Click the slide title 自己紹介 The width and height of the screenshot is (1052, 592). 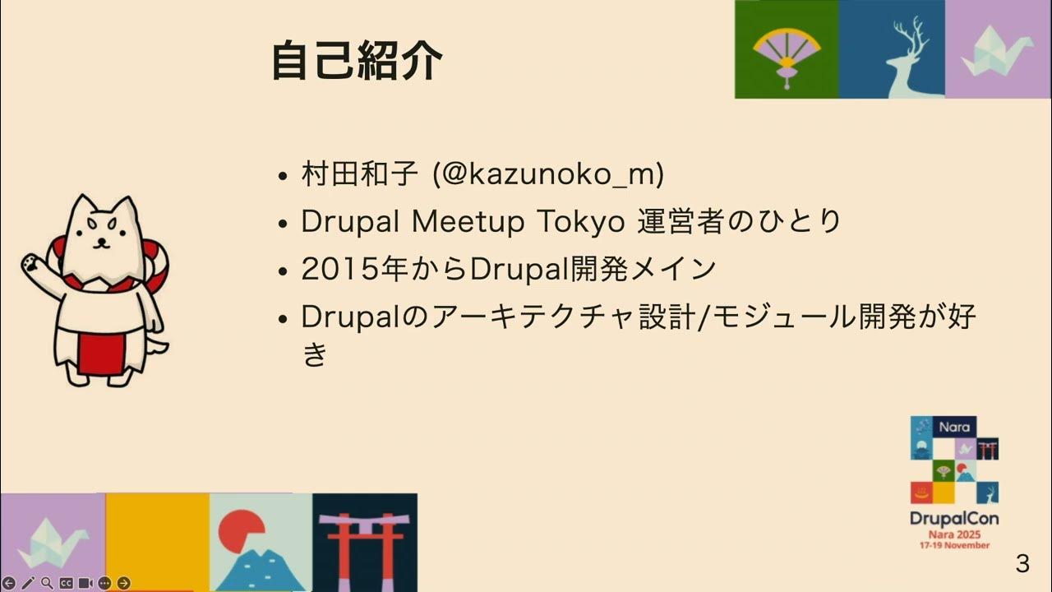click(356, 61)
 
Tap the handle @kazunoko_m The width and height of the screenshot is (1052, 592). click(549, 174)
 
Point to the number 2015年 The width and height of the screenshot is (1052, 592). click(343, 269)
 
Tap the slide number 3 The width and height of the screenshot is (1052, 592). click(1022, 564)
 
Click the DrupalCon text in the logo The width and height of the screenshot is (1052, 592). click(953, 519)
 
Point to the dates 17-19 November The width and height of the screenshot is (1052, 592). click(953, 545)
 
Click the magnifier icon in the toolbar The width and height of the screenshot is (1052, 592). click(47, 583)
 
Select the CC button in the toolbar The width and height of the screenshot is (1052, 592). click(66, 583)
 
